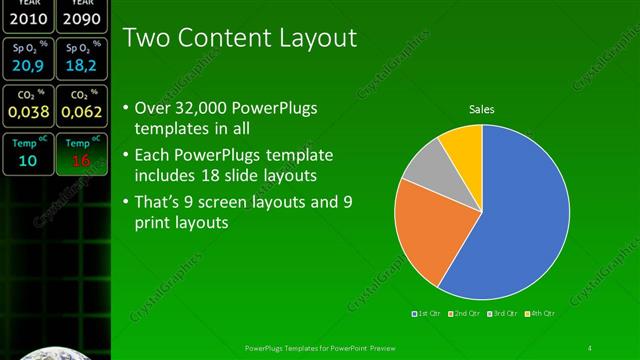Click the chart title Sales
click(482, 109)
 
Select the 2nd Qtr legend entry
click(465, 313)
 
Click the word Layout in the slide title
click(315, 39)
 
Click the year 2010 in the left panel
click(27, 18)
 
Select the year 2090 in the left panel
click(81, 18)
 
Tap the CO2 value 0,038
click(27, 112)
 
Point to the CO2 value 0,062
click(81, 112)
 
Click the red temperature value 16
click(81, 160)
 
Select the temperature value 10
click(27, 160)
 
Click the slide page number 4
click(590, 348)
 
